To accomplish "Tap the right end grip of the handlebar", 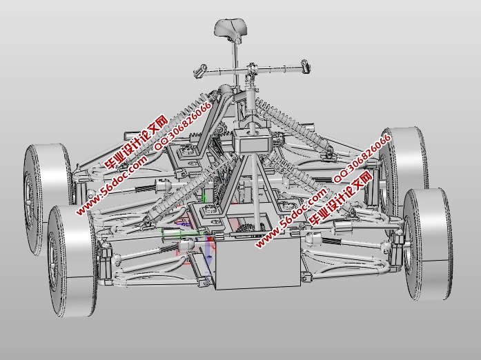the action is [x=306, y=66].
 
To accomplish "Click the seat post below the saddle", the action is [x=235, y=64].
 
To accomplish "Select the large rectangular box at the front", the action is [x=257, y=263].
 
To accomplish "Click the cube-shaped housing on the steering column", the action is [x=251, y=141].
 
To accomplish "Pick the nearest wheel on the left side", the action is [x=72, y=261].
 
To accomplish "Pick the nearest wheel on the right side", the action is [x=427, y=244].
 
